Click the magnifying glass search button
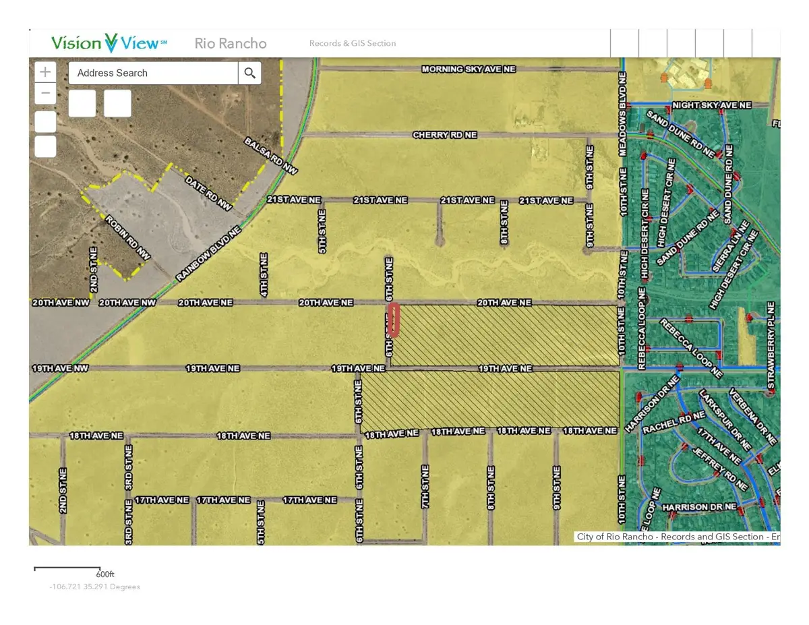pyautogui.click(x=249, y=73)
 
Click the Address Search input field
pyautogui.click(x=153, y=73)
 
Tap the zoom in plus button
pyautogui.click(x=45, y=71)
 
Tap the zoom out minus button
pyautogui.click(x=45, y=93)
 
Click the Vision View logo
pyautogui.click(x=109, y=43)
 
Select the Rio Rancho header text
pyautogui.click(x=231, y=44)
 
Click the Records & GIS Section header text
pyautogui.click(x=353, y=44)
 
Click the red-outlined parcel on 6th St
pyautogui.click(x=394, y=320)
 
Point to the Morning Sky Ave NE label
pyautogui.click(x=469, y=69)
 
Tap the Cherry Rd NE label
pyautogui.click(x=444, y=135)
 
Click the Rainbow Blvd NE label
pyautogui.click(x=208, y=254)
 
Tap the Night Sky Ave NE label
pyautogui.click(x=711, y=105)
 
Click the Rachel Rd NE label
pyautogui.click(x=664, y=423)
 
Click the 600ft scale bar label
pyautogui.click(x=105, y=574)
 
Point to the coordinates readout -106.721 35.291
pyautogui.click(x=94, y=587)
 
